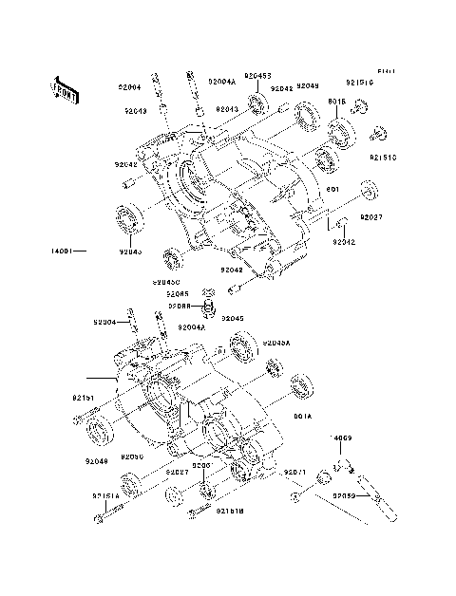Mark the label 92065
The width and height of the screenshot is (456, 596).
point(177,294)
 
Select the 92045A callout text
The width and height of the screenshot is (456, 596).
point(276,344)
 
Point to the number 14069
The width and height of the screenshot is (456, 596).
point(341,438)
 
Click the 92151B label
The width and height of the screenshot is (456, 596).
point(229,512)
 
